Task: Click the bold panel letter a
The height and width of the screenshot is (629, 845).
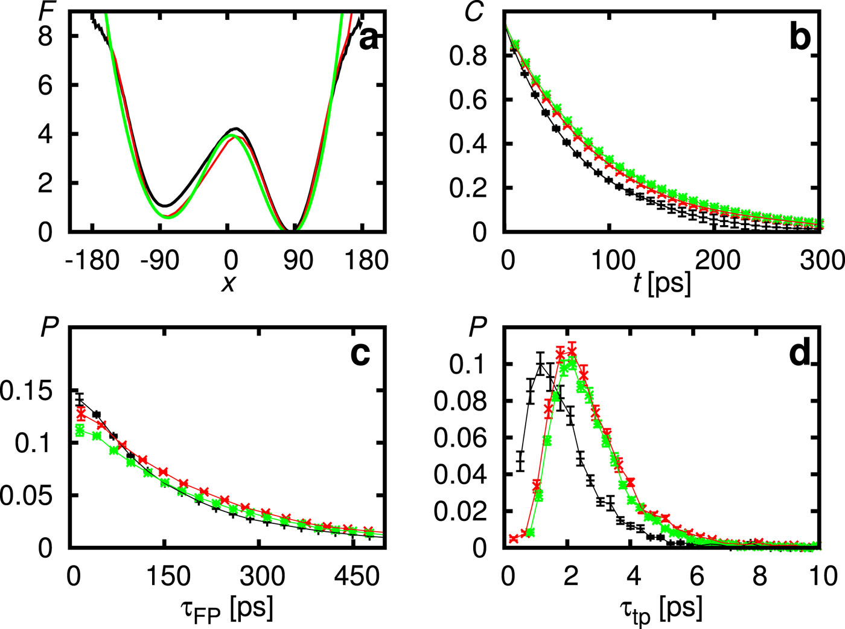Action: tap(369, 40)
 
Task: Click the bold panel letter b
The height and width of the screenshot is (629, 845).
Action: tap(800, 37)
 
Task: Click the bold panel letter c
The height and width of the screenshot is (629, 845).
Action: tap(360, 354)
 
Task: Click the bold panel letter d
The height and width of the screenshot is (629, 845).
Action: tap(800, 354)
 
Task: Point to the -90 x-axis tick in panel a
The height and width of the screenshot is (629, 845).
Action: tap(161, 261)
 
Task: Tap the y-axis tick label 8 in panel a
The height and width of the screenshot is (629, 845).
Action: tap(45, 36)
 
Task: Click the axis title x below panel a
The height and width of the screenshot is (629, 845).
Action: tap(228, 282)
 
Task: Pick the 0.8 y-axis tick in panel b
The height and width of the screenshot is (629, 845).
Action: tap(468, 56)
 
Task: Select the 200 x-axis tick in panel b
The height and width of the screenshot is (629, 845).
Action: tap(718, 261)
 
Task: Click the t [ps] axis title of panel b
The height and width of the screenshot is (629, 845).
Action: tap(662, 283)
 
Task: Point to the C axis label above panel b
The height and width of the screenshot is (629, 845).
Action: tap(475, 11)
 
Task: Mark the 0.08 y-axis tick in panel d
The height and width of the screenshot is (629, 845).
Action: tap(460, 401)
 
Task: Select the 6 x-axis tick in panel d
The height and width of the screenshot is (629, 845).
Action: tap(697, 576)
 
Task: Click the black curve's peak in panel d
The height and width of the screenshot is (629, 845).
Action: tap(540, 363)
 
